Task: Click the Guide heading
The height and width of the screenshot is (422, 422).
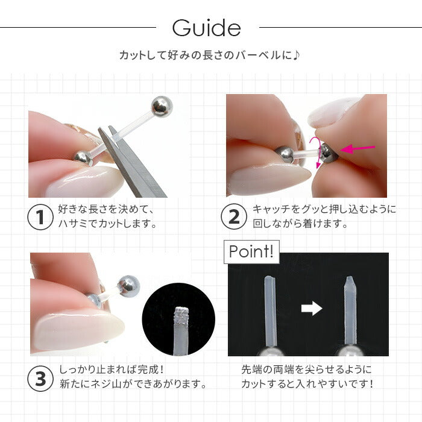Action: click(206, 28)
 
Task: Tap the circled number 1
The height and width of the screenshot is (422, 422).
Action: click(40, 217)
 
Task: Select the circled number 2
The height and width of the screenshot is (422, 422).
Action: click(234, 216)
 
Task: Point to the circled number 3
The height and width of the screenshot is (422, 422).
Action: click(40, 379)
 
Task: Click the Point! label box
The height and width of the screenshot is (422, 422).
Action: click(251, 252)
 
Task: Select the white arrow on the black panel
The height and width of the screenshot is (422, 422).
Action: click(312, 308)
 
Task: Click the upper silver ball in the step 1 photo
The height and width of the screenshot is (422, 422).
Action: click(162, 107)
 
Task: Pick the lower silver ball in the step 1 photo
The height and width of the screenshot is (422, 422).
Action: click(83, 158)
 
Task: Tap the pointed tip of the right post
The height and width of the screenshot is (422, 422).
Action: click(349, 277)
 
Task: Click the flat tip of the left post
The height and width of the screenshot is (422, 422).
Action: click(269, 277)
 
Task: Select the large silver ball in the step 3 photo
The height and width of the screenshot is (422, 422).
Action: click(129, 286)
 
